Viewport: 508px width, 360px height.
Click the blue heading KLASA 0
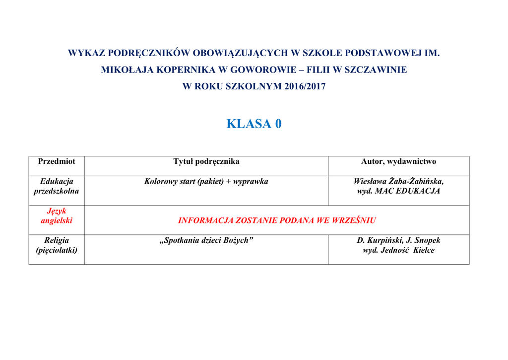[x=254, y=124]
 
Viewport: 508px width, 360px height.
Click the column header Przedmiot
[x=57, y=161]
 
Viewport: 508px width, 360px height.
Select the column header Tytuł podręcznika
[x=206, y=161]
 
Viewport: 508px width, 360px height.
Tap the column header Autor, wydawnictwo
[x=398, y=161]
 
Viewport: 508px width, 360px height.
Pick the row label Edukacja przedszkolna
[x=57, y=186]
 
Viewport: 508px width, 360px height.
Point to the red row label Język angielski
[x=57, y=216]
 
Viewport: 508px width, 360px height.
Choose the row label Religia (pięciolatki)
[x=57, y=245]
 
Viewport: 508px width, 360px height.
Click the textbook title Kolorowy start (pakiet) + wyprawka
[x=206, y=182]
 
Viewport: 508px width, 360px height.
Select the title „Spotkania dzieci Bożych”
[x=206, y=240]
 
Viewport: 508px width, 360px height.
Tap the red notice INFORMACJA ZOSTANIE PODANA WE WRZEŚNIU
[x=277, y=220]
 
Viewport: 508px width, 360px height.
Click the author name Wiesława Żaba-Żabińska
[x=398, y=181]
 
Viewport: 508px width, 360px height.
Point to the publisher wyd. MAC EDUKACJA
[x=398, y=191]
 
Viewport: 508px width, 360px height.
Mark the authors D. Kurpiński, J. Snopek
[x=398, y=240]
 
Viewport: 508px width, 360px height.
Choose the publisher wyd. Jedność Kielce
[x=398, y=250]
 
